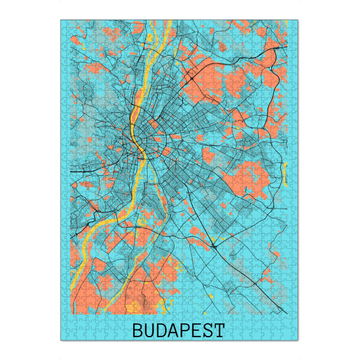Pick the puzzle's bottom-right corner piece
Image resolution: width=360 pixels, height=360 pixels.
(295, 337)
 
